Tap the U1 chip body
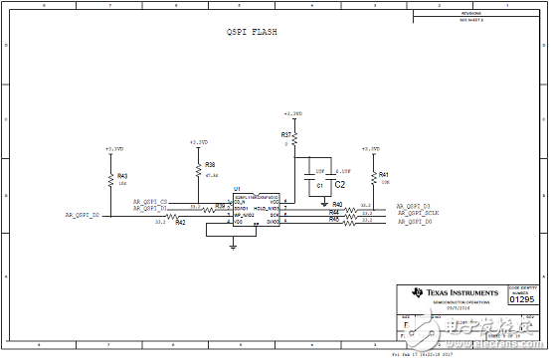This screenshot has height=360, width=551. [258, 209]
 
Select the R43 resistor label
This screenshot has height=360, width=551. [122, 175]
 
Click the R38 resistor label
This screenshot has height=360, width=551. [210, 165]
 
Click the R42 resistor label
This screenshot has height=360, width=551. [180, 223]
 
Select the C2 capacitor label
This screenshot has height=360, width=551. [339, 184]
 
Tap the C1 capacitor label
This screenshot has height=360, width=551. [319, 185]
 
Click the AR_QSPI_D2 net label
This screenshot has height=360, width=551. [83, 214]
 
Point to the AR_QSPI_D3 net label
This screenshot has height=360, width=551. [414, 206]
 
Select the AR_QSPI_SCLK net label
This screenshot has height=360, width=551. [418, 214]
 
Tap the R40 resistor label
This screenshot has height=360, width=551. [337, 204]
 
